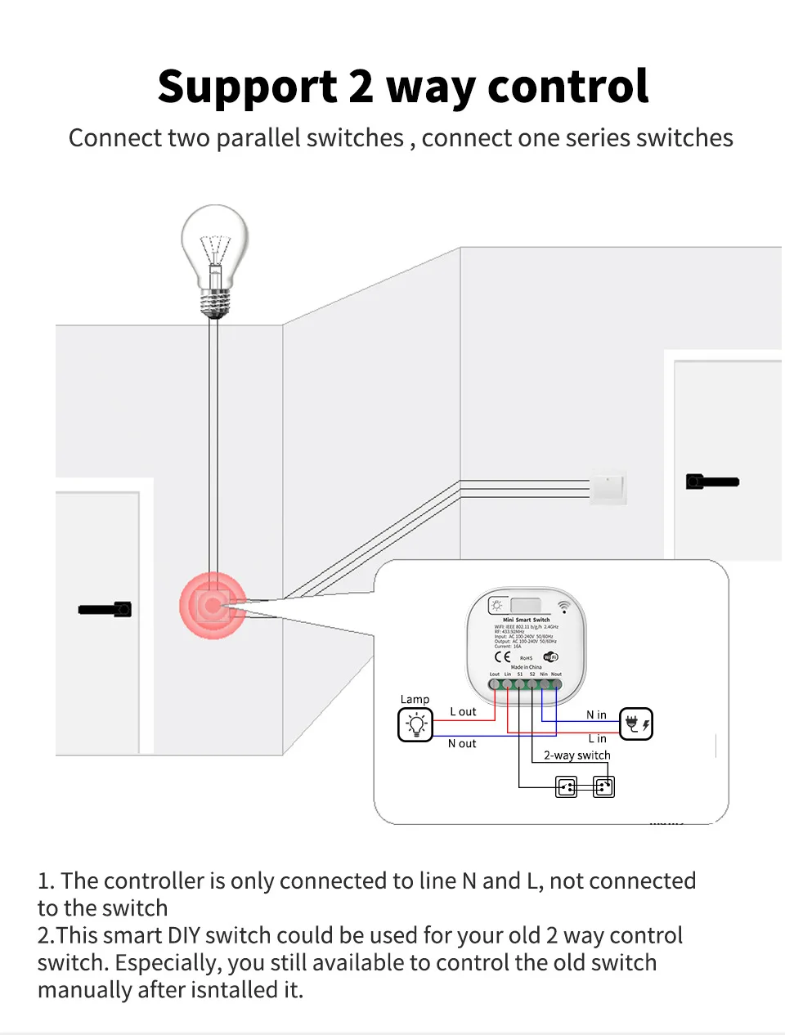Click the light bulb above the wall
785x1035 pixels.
(214, 253)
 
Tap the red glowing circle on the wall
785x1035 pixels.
(213, 606)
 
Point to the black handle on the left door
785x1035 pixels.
(105, 609)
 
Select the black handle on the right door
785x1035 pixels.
(712, 482)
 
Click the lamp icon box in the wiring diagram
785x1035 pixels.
(415, 724)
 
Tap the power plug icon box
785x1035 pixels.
(635, 724)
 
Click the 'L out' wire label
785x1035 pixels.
(463, 712)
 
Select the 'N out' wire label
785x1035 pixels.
(462, 743)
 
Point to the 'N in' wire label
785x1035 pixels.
(596, 715)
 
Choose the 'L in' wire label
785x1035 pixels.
(598, 738)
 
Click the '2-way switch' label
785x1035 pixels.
(576, 755)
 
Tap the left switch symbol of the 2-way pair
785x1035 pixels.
(566, 787)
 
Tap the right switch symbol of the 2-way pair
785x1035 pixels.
(603, 787)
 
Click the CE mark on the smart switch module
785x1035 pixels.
(502, 656)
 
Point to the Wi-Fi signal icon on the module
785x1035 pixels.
(563, 607)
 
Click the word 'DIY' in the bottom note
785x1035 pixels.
(184, 935)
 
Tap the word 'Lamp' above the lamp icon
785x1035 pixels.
(415, 699)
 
